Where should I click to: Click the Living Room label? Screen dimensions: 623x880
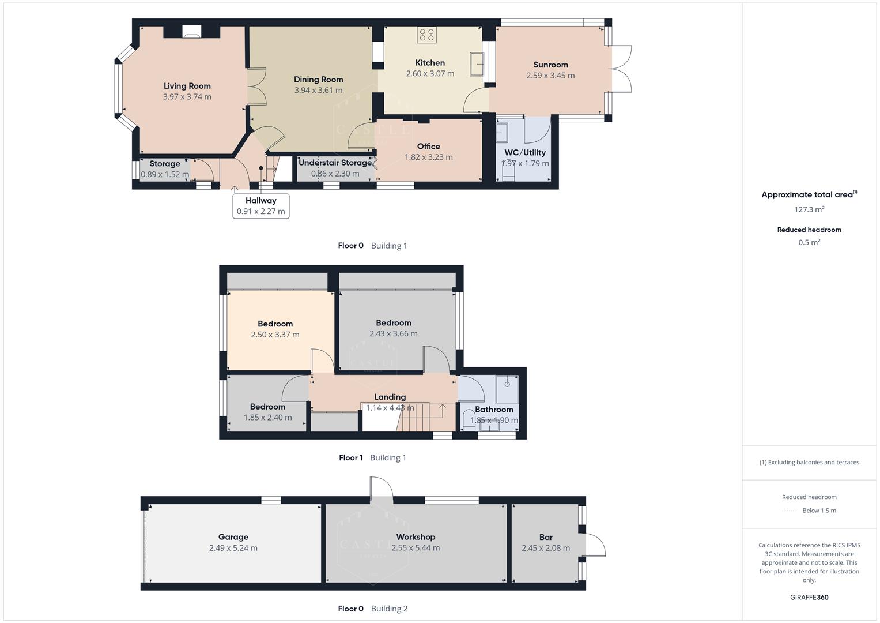coord(187,86)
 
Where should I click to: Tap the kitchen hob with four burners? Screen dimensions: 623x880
coord(427,35)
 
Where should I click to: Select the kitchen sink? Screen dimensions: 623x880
coord(477,63)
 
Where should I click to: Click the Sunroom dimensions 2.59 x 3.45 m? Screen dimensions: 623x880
coord(550,76)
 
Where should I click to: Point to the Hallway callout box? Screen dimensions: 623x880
coord(260,206)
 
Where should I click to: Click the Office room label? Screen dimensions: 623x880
coord(428,147)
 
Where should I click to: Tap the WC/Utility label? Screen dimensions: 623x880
coord(524,153)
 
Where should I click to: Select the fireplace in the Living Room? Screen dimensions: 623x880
coord(192,32)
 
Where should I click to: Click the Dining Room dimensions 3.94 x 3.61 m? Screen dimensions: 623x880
coord(318,91)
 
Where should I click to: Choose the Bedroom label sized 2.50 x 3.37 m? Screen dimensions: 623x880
coord(275,324)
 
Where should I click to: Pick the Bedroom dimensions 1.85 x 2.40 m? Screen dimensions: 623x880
coord(267,418)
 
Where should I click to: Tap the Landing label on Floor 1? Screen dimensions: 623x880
coord(390,397)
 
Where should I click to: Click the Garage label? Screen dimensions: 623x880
coord(233,537)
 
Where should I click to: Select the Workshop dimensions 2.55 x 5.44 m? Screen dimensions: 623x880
coord(415,548)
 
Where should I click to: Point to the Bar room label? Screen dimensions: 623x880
coord(545,537)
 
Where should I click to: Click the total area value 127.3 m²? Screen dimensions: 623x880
coord(809,209)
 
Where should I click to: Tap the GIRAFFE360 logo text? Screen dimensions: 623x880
coord(809,598)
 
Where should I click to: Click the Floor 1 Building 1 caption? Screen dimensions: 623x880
coord(372,458)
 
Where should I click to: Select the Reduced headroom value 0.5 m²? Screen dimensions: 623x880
coord(809,243)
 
